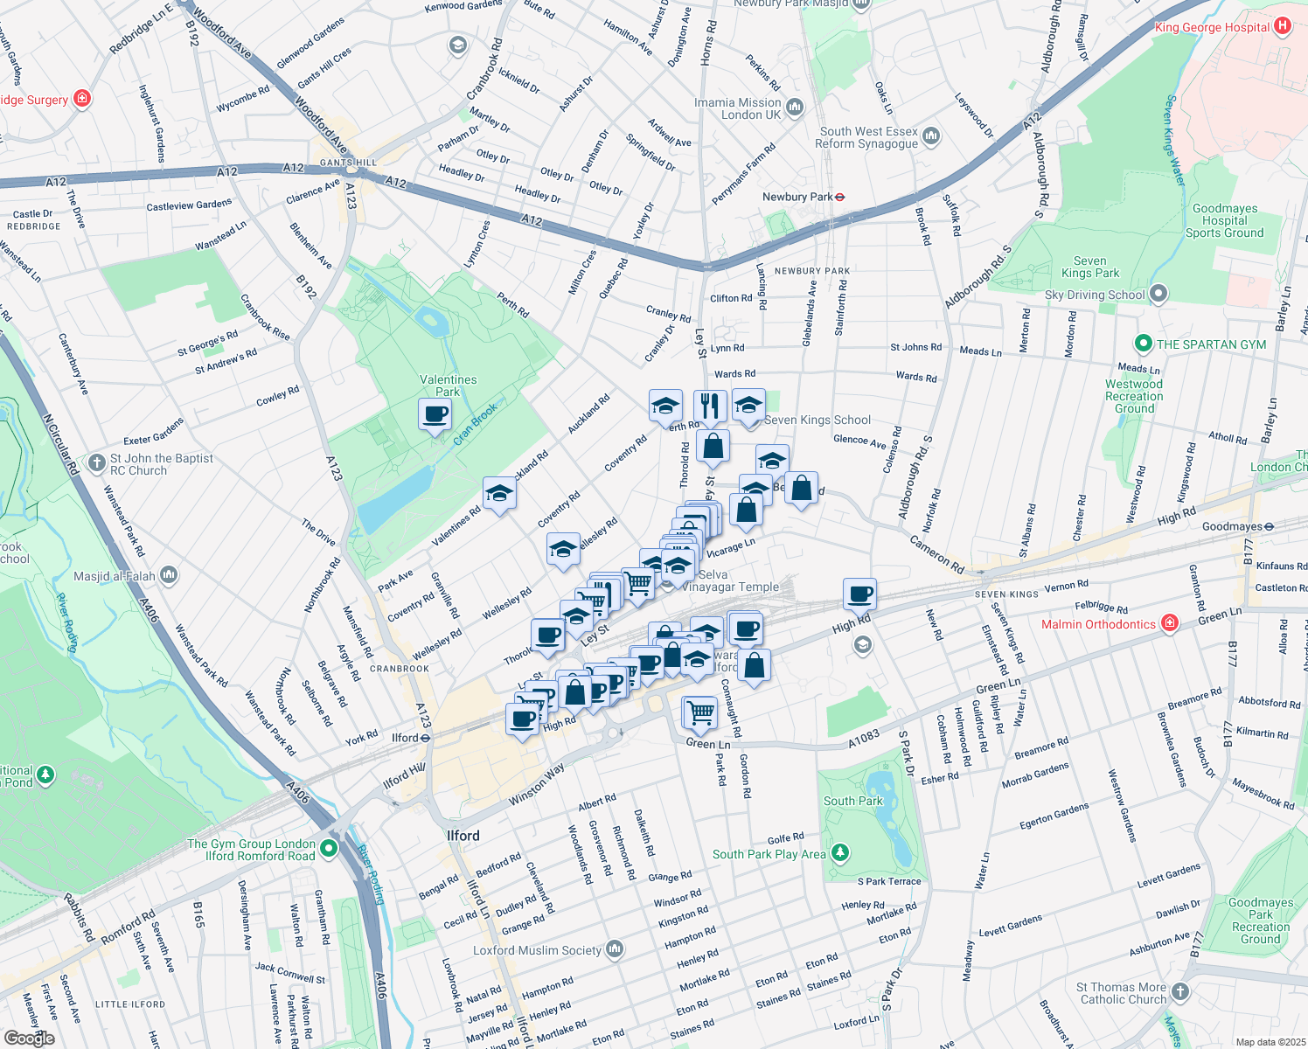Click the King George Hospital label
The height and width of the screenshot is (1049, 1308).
pos(1212,27)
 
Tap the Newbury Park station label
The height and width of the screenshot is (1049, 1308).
pos(797,197)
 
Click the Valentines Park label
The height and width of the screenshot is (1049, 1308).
pos(448,386)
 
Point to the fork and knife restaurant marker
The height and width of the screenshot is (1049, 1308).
pos(710,406)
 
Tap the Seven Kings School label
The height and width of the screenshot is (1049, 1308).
pos(817,420)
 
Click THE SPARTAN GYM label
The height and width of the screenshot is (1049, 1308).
pos(1211,344)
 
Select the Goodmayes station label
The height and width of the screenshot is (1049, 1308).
pos(1232,526)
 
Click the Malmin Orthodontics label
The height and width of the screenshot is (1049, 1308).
pos(1098,624)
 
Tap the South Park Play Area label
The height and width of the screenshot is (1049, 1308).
pos(769,854)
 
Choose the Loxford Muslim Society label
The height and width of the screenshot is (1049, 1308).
pos(537,950)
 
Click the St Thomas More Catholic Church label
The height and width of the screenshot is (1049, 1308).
pos(1123,993)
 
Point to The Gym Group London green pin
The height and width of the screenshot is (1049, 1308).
pos(329,848)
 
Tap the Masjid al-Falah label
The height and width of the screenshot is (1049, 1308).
pos(115,576)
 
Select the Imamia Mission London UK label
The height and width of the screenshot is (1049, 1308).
pos(737,108)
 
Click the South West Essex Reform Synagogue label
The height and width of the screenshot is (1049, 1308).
pos(868,137)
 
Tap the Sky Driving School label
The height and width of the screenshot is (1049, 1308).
pos(1094,295)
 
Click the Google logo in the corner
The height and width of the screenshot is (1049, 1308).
pos(29,1038)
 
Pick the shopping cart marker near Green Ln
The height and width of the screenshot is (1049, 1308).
pos(699,712)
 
